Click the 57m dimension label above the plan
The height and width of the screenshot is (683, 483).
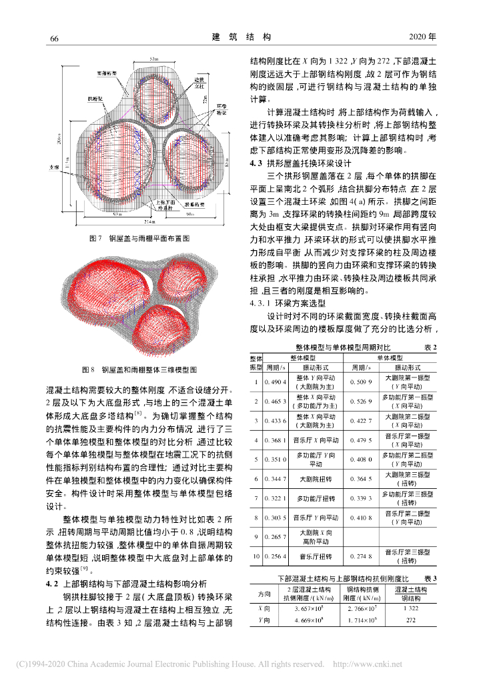(x=154, y=60)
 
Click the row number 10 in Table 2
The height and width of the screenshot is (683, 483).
(x=256, y=556)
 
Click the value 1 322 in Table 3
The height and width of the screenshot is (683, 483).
(x=410, y=608)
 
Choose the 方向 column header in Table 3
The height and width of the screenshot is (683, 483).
(x=264, y=593)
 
